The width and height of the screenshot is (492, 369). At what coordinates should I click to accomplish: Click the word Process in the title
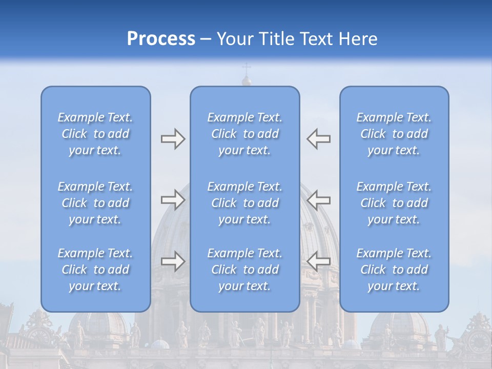tap(161, 39)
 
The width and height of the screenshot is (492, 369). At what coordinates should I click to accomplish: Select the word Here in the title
tap(359, 39)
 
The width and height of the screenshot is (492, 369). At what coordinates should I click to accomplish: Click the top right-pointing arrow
tap(173, 139)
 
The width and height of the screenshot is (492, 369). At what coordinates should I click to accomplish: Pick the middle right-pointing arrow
tap(173, 199)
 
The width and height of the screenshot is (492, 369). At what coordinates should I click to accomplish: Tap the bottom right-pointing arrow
tap(173, 261)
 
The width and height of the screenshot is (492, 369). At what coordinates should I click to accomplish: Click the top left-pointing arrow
tap(319, 139)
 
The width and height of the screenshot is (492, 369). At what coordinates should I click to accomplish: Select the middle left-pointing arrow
tap(319, 199)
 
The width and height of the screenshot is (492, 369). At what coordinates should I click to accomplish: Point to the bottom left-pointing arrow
tap(319, 261)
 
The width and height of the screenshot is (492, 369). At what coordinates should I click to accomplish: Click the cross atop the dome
tap(247, 68)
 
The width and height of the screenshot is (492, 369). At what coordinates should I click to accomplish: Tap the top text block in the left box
tap(95, 134)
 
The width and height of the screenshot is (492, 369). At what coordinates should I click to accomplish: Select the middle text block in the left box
tap(95, 203)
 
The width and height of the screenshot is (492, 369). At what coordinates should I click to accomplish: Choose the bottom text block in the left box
tap(95, 270)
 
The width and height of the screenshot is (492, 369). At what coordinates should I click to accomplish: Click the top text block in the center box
tap(245, 134)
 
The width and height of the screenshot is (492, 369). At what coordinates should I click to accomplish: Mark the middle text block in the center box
tap(245, 203)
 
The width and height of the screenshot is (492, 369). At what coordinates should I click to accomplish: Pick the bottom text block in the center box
tap(245, 270)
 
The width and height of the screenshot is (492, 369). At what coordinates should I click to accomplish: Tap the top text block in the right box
tap(394, 134)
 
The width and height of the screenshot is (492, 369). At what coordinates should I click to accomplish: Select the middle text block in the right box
tap(394, 203)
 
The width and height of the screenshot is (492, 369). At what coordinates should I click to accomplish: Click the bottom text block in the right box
tap(394, 270)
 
